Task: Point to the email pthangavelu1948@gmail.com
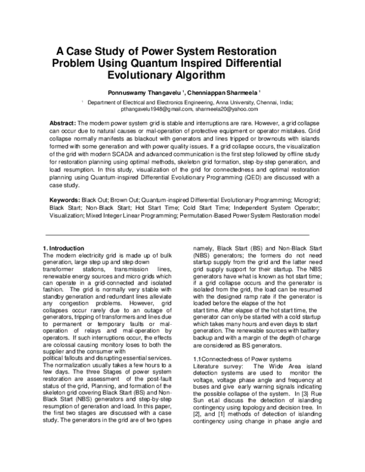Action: (156, 110)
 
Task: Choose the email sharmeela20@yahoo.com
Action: (226, 110)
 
